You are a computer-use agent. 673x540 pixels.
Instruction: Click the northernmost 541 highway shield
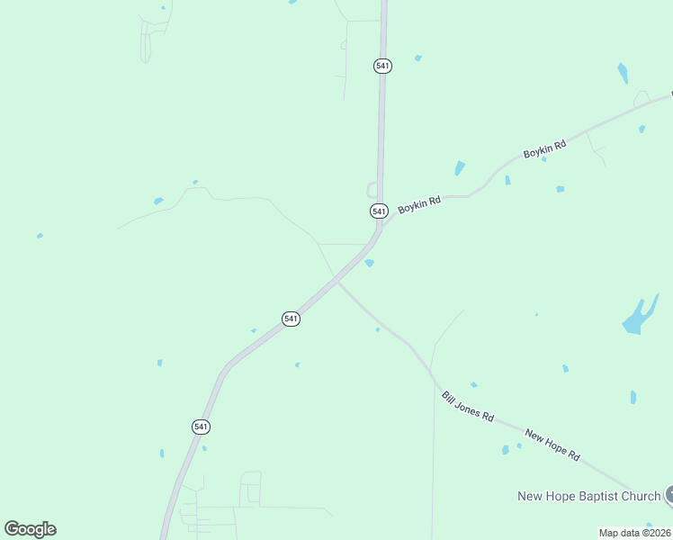tap(382, 66)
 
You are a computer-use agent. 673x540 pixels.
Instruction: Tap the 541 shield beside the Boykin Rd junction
tap(379, 211)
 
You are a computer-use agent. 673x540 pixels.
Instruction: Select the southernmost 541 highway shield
tap(201, 427)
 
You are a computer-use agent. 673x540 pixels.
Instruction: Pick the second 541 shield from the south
tap(291, 319)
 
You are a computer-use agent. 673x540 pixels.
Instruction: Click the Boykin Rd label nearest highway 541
tap(419, 204)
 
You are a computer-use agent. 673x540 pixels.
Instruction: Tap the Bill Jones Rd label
tap(468, 406)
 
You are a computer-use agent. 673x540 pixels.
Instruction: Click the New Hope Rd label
tap(552, 445)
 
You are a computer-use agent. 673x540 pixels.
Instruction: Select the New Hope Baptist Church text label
tap(588, 496)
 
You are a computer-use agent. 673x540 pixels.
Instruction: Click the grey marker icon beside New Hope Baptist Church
tap(669, 494)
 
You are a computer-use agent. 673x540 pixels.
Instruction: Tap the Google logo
tap(30, 529)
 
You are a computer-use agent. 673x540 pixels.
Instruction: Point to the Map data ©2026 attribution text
tap(635, 533)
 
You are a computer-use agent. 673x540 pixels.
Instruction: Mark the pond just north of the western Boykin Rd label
tap(460, 168)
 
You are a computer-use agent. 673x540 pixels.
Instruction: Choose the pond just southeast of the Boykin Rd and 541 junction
tap(369, 263)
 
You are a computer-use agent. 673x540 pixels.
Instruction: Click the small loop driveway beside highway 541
tap(371, 190)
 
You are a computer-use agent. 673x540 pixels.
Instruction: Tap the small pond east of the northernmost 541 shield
tap(418, 58)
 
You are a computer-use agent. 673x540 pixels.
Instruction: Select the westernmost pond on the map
tap(40, 236)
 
